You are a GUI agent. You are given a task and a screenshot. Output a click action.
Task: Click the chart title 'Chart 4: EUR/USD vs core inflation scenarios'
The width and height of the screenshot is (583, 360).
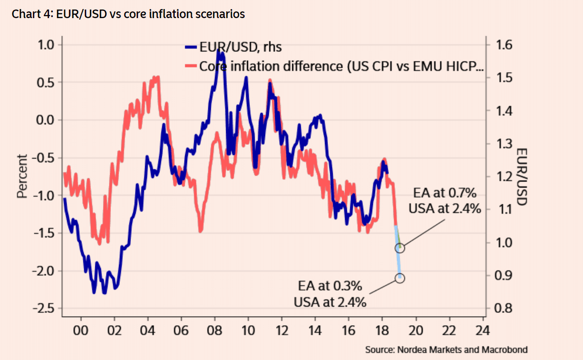point(128,14)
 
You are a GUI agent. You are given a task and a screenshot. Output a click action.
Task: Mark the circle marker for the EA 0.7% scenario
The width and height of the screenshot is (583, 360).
point(400,248)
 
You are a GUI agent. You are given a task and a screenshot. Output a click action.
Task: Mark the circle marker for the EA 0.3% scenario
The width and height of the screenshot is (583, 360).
point(400,278)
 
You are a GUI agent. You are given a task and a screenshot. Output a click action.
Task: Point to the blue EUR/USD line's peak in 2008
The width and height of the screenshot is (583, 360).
point(218,50)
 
